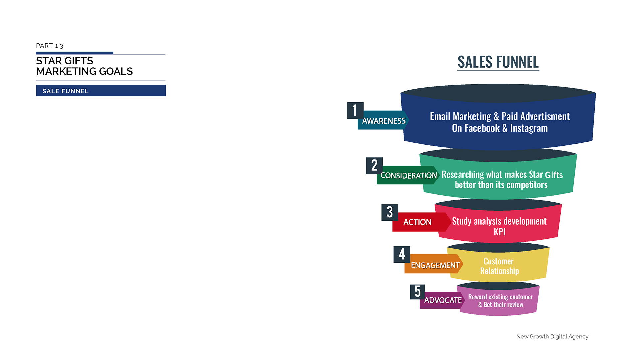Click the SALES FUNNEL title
click(x=498, y=62)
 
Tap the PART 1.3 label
click(x=49, y=46)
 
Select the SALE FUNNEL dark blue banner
click(x=101, y=91)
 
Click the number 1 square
click(x=355, y=111)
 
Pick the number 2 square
click(x=374, y=166)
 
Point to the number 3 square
click(x=390, y=212)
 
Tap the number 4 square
click(x=402, y=254)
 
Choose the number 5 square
click(x=417, y=292)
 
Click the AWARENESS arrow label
click(x=384, y=121)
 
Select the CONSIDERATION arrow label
click(x=408, y=175)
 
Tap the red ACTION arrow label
click(x=418, y=222)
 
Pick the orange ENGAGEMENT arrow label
click(x=435, y=265)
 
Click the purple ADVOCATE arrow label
click(x=443, y=300)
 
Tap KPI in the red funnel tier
click(x=499, y=232)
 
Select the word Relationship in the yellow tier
click(x=499, y=271)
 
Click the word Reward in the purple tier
click(x=477, y=297)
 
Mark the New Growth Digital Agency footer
click(x=552, y=336)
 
